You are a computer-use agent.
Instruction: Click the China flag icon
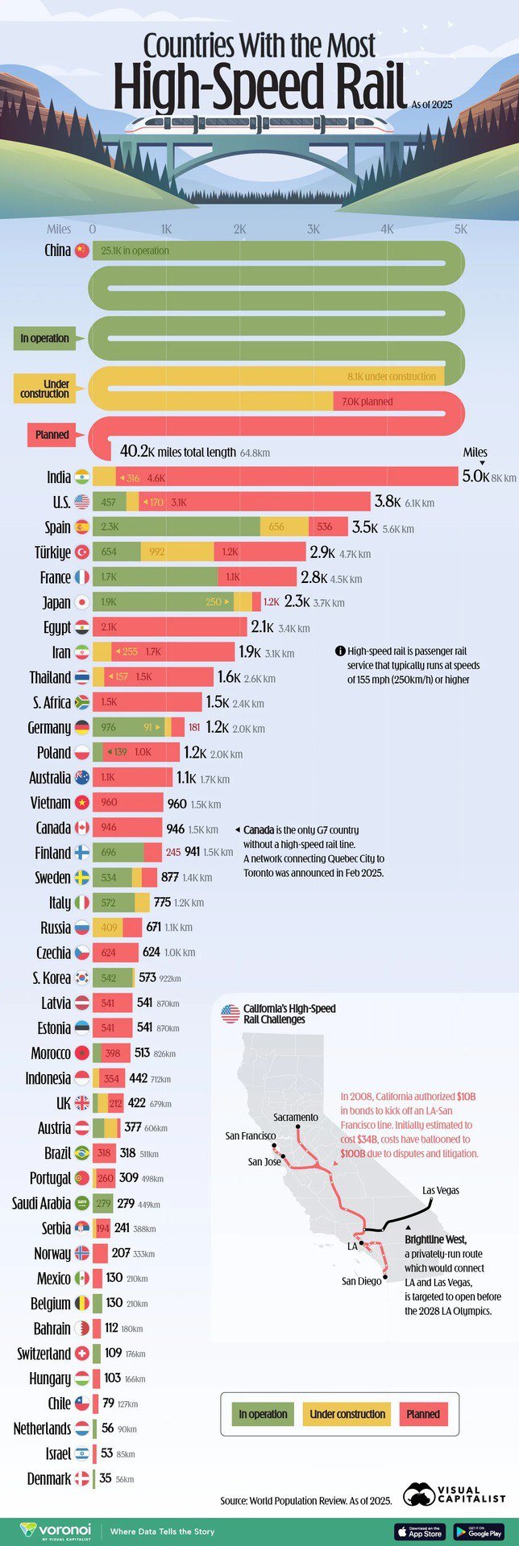click(81, 250)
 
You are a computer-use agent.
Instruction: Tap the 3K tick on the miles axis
click(313, 229)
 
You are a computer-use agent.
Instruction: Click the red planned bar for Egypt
click(169, 626)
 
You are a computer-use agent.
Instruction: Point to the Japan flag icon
click(81, 601)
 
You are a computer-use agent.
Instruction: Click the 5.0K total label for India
click(475, 477)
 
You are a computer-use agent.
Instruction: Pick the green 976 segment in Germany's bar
click(128, 727)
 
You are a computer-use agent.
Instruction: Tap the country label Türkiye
click(52, 552)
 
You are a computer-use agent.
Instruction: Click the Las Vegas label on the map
click(441, 1190)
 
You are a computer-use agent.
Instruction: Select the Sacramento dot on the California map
click(298, 1127)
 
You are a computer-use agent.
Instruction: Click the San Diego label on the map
click(361, 1281)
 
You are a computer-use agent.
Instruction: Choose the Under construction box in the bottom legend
click(347, 1414)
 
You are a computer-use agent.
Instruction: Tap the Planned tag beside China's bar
click(52, 435)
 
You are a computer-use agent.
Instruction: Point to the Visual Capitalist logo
click(454, 1494)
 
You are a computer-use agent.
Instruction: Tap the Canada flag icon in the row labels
click(81, 828)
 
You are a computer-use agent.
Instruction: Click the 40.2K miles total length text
click(178, 453)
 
